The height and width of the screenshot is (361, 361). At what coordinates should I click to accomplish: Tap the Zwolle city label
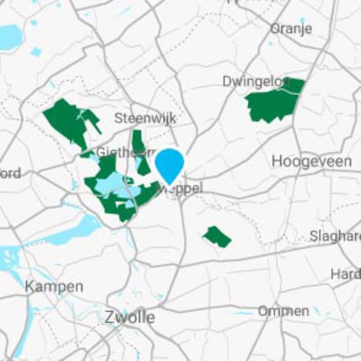(130, 317)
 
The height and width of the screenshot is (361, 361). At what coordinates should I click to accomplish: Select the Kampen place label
(54, 287)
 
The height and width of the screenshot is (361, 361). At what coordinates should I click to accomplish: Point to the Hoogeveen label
(311, 162)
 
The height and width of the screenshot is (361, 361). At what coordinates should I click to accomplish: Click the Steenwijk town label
(145, 118)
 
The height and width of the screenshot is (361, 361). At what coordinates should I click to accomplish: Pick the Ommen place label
(283, 311)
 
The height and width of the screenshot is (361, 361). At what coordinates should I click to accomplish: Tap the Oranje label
(291, 28)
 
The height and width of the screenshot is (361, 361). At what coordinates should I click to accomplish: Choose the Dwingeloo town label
(255, 81)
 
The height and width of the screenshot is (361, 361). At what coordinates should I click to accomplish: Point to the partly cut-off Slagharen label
(336, 236)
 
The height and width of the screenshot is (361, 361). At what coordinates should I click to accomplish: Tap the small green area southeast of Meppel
(217, 236)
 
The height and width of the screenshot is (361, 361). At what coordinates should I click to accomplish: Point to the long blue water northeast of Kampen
(74, 230)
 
